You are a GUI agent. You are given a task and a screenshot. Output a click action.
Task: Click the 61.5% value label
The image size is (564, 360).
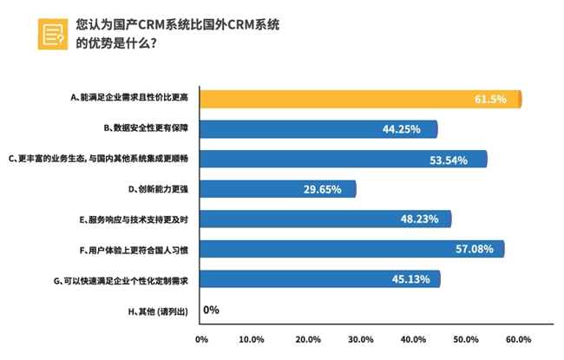tap(490, 99)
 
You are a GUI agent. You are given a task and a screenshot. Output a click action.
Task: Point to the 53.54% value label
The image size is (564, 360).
tap(449, 160)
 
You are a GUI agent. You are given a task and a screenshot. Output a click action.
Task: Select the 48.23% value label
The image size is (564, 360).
tap(418, 219)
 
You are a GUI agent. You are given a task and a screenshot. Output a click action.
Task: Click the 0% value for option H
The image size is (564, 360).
tap(211, 310)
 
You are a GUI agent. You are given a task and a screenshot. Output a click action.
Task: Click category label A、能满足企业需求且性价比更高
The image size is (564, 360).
tap(134, 99)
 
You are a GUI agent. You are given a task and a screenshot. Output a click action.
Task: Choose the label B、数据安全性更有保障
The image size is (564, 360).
tap(146, 129)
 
